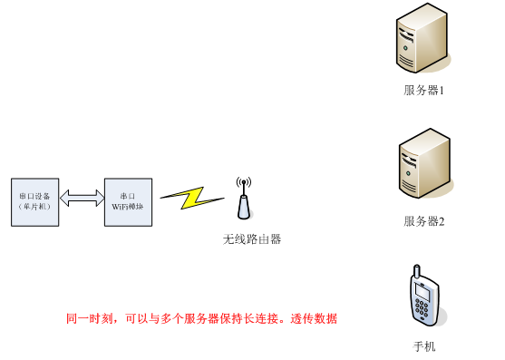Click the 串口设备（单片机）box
[35, 201]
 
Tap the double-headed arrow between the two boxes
[83, 198]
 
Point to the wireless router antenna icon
[242, 199]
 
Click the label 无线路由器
[252, 239]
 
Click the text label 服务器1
[423, 91]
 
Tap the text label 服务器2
[423, 221]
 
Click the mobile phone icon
[422, 298]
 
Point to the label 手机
[423, 345]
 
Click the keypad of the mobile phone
[424, 309]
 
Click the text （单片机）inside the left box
[35, 207]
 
